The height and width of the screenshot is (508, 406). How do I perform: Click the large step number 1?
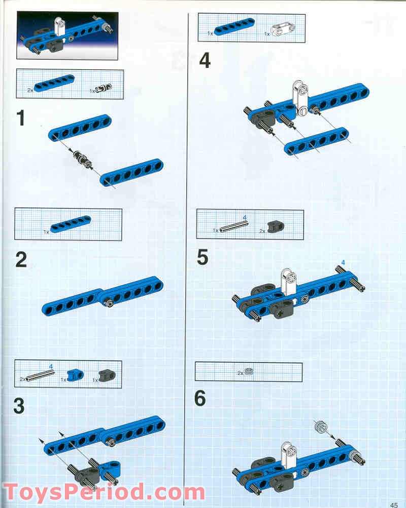pyautogui.click(x=21, y=118)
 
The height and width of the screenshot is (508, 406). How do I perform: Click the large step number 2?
pyautogui.click(x=21, y=260)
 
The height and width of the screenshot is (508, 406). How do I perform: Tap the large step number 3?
pyautogui.click(x=19, y=406)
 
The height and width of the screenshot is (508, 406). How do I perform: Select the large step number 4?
pyautogui.click(x=205, y=60)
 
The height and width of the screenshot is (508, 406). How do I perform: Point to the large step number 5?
pyautogui.click(x=202, y=258)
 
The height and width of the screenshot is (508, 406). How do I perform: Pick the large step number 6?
pyautogui.click(x=200, y=398)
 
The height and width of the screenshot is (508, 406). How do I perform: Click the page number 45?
pyautogui.click(x=394, y=505)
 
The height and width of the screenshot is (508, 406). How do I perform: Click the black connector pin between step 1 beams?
pyautogui.click(x=82, y=159)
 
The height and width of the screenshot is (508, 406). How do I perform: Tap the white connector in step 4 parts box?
pyautogui.click(x=283, y=30)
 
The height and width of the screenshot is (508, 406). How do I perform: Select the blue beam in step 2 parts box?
pyautogui.click(x=71, y=224)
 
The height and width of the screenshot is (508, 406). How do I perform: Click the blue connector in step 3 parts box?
pyautogui.click(x=75, y=375)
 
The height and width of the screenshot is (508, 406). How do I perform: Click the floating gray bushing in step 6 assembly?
pyautogui.click(x=321, y=426)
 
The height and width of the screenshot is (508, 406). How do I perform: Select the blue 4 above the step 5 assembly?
pyautogui.click(x=343, y=262)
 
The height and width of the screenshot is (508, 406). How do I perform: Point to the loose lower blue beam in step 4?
pyautogui.click(x=317, y=141)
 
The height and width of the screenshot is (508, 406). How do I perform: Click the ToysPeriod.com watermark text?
pyautogui.click(x=104, y=492)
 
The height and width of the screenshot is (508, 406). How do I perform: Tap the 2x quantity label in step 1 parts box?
pyautogui.click(x=30, y=90)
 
